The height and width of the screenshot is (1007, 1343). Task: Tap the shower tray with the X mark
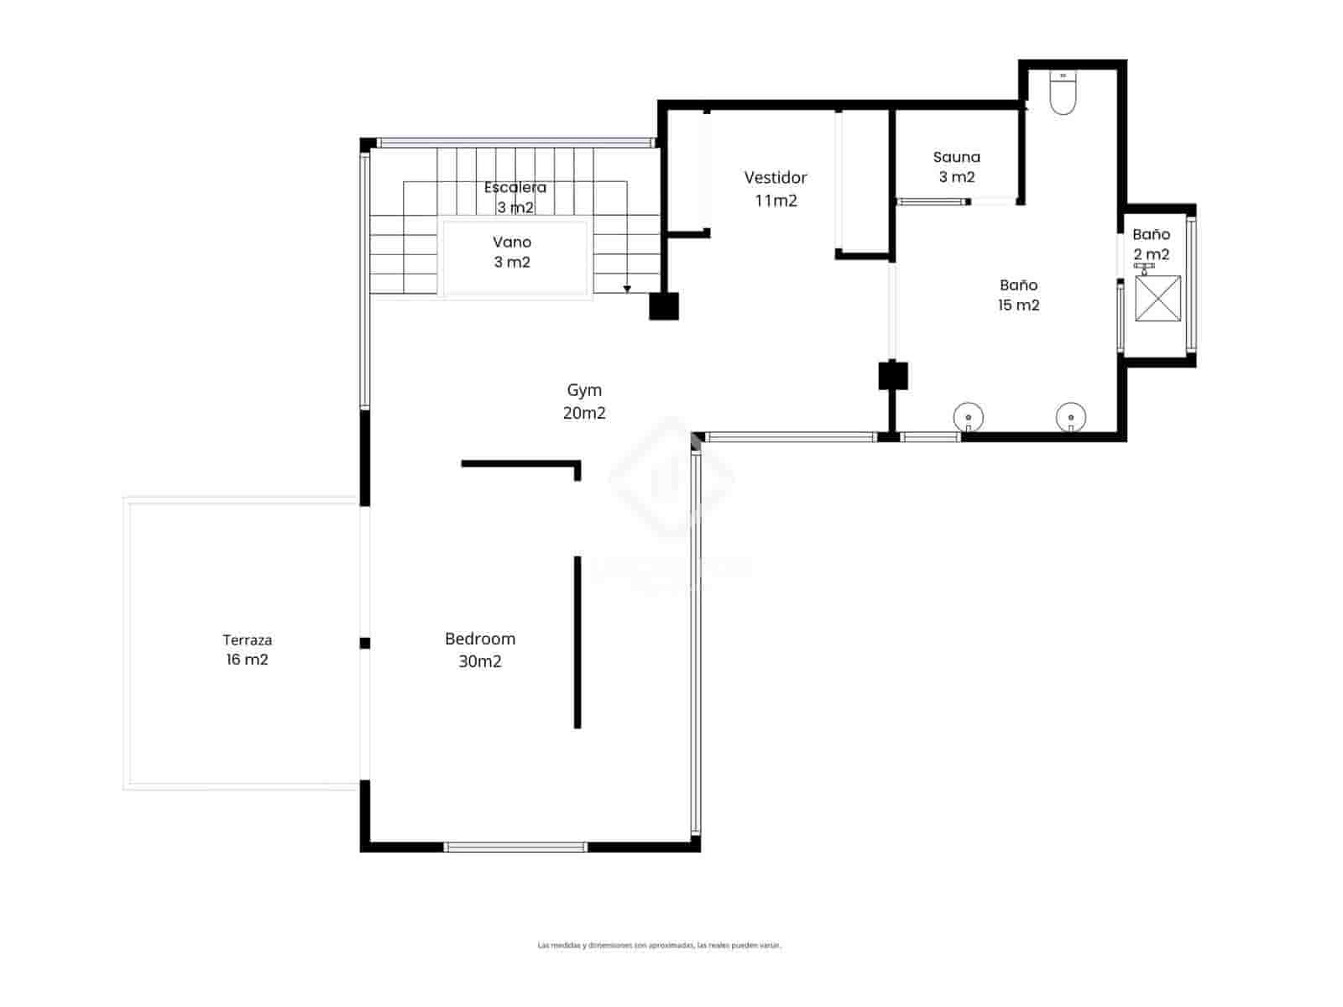tap(1157, 298)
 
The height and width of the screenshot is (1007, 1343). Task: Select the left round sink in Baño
tap(969, 416)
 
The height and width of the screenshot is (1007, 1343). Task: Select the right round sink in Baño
tap(1071, 416)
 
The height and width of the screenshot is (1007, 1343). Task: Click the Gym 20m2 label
tap(584, 401)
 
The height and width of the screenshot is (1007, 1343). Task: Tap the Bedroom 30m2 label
tap(480, 650)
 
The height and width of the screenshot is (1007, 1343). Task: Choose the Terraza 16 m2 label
tap(247, 650)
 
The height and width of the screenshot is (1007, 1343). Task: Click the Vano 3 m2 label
tap(512, 252)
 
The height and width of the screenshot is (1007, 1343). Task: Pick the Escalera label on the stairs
tap(515, 188)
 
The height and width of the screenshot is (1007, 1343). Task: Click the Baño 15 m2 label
tap(1018, 295)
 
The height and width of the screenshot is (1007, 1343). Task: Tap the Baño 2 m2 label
tap(1151, 244)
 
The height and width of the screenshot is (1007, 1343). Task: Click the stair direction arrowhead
tap(627, 290)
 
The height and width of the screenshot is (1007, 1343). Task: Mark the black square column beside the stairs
tap(664, 305)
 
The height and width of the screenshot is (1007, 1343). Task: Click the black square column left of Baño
tap(893, 375)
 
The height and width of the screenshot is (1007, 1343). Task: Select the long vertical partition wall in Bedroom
tap(577, 642)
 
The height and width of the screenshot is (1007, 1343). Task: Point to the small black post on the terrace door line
tap(364, 643)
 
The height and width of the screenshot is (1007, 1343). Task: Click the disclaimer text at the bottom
tap(659, 945)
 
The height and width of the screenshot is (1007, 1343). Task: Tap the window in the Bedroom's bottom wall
tap(515, 847)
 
